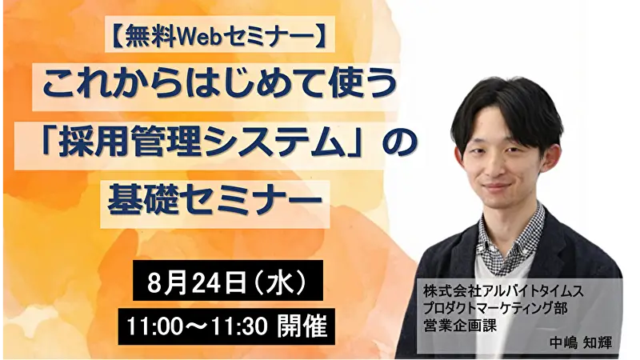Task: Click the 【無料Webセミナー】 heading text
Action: (x=219, y=34)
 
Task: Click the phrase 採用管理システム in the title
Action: (x=202, y=144)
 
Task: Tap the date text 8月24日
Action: (x=196, y=282)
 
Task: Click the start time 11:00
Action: (x=150, y=326)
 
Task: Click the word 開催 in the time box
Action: (x=302, y=326)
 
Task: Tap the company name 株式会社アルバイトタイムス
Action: (x=502, y=292)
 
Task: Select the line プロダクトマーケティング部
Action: (x=494, y=309)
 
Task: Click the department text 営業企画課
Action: (x=459, y=326)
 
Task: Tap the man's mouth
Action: (x=497, y=188)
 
